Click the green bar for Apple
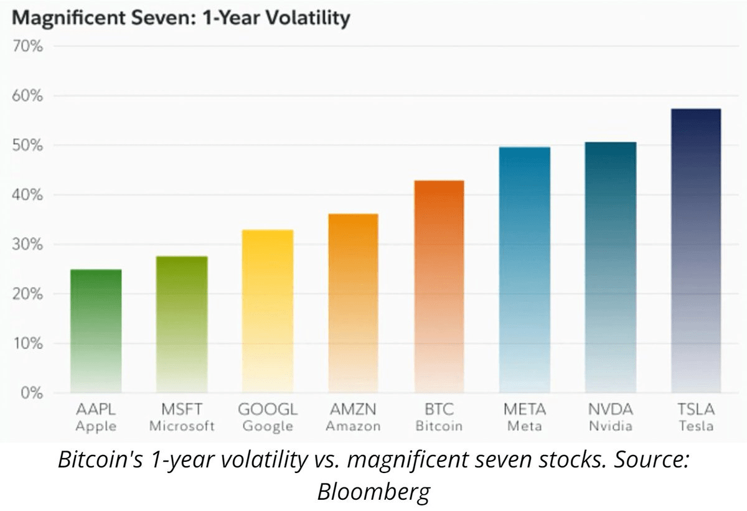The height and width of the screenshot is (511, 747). pos(96,331)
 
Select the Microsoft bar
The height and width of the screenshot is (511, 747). pos(182,324)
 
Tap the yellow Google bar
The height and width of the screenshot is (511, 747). pos(268,311)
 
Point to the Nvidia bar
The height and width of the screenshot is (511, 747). pos(611,267)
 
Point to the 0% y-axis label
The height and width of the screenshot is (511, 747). pos(30,393)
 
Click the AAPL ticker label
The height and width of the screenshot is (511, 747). pos(96,410)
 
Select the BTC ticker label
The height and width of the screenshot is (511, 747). pos(439,410)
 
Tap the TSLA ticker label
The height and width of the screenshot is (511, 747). pos(696,410)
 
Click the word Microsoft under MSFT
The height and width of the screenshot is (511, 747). pos(182,426)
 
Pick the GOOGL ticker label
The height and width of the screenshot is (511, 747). pos(268,410)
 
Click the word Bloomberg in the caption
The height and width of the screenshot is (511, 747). pos(374,492)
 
